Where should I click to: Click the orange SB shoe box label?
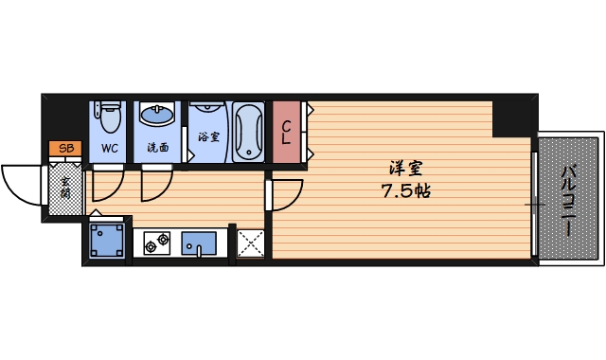65,148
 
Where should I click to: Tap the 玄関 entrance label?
65,187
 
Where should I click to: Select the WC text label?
109,148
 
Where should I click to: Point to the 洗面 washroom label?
157,148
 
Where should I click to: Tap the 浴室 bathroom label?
207,135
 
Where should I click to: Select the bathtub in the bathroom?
250,131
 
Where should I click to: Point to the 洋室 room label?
405,169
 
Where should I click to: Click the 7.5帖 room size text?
405,190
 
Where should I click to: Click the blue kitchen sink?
199,244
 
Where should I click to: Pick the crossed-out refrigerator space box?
251,243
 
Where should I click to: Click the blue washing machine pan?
106,240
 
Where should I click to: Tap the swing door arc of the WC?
107,182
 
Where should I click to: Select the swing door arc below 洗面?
156,184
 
